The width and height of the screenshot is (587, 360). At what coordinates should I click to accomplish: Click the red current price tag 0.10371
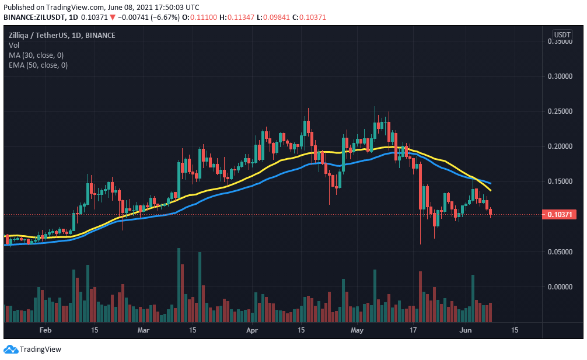click(560, 215)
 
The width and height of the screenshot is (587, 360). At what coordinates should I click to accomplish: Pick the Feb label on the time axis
click(46, 330)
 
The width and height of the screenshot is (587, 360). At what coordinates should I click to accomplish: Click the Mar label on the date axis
click(144, 330)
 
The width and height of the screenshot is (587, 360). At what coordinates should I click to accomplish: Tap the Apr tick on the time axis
click(251, 330)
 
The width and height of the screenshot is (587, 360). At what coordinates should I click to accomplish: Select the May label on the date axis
click(357, 330)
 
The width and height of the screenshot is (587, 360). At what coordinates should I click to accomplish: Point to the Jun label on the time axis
click(464, 330)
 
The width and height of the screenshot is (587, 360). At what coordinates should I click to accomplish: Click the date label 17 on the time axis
click(413, 330)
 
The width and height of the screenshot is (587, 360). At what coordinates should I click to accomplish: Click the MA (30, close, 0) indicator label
click(37, 55)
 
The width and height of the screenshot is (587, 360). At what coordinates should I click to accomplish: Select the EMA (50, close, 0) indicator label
click(39, 65)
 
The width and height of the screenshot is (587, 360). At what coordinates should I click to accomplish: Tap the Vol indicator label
click(13, 45)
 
